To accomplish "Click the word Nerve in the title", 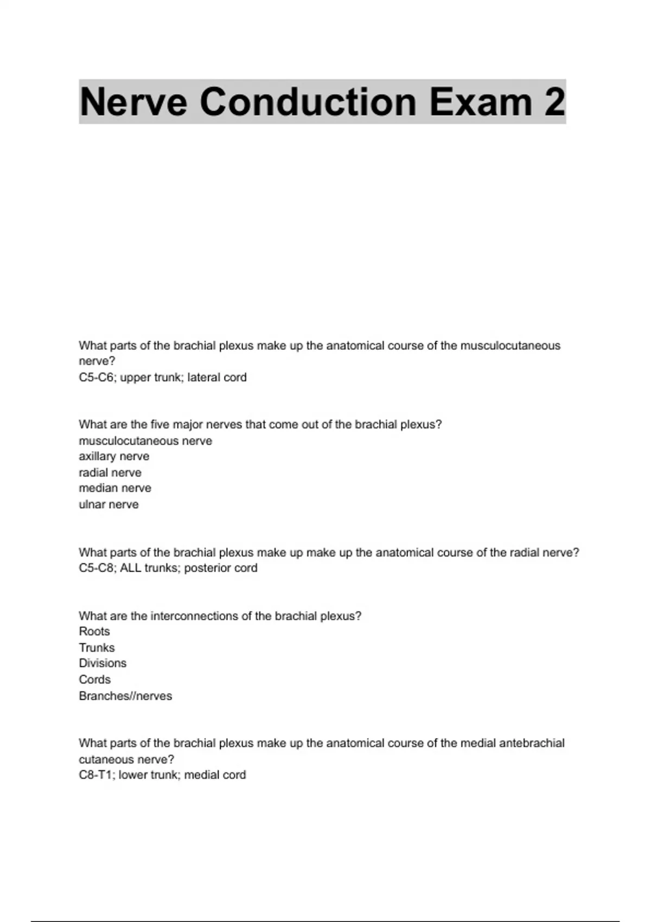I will tap(133, 102).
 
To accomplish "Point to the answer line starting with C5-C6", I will tap(162, 377).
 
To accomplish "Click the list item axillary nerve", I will tap(114, 456).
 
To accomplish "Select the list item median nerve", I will tap(115, 488).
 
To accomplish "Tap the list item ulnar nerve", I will tap(108, 504).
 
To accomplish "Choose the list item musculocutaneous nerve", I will tap(145, 441).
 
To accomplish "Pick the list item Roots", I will tap(94, 631).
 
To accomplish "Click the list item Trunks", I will tap(97, 648).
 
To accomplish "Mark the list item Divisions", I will tap(103, 663).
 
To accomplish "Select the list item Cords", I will tap(94, 680).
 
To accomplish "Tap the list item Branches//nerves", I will tap(125, 696).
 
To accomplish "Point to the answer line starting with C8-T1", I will tap(162, 775).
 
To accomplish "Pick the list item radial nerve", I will tap(110, 472).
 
